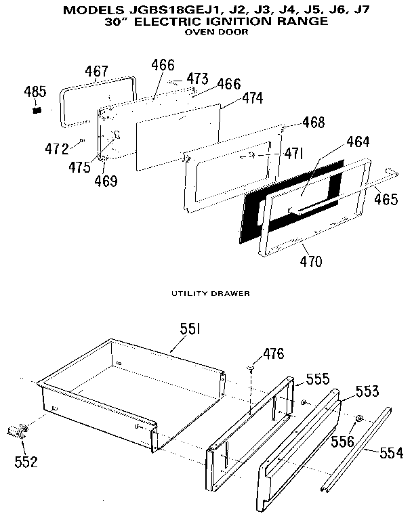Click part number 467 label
[x=98, y=72]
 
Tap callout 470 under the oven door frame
[x=306, y=261]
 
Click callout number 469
[x=105, y=181]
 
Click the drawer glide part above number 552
[x=18, y=429]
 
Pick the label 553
[x=367, y=391]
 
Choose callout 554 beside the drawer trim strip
[x=388, y=453]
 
